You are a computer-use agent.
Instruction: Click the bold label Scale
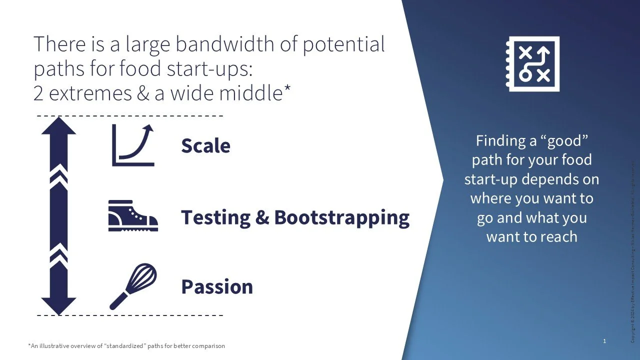pyautogui.click(x=205, y=146)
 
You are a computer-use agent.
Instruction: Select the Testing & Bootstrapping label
pyautogui.click(x=295, y=217)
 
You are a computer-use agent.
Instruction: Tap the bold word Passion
pyautogui.click(x=216, y=287)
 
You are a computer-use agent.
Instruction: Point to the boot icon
pyautogui.click(x=133, y=215)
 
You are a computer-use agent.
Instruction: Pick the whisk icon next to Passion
pyautogui.click(x=133, y=286)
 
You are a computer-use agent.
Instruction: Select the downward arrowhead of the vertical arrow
pyautogui.click(x=58, y=305)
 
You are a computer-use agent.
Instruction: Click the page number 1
pyautogui.click(x=604, y=341)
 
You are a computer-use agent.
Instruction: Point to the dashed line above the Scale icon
pyautogui.click(x=130, y=116)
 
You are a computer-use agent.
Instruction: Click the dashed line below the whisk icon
pyautogui.click(x=130, y=315)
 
